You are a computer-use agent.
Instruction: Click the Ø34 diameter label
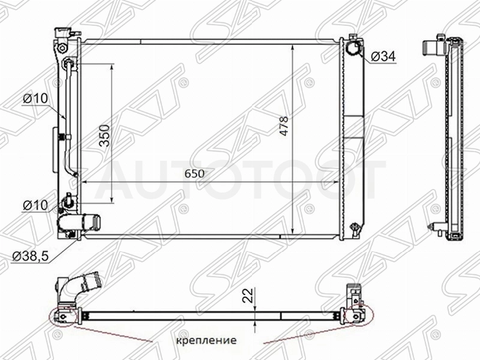383,56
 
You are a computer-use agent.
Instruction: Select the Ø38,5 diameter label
31,256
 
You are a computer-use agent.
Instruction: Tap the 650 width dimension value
194,174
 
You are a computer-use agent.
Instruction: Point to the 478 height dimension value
284,126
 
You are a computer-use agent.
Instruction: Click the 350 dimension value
104,136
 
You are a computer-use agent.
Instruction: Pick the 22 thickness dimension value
249,295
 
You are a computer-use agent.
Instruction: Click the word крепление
206,340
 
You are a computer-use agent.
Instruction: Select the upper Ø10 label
36,98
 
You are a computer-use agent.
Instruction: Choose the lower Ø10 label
36,205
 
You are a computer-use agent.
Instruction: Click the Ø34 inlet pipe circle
353,48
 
